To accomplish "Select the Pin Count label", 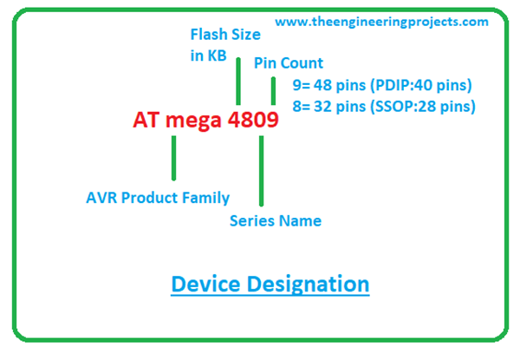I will pos(289,63).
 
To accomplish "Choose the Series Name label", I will pos(276,220).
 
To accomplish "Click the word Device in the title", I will pos(205,284).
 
